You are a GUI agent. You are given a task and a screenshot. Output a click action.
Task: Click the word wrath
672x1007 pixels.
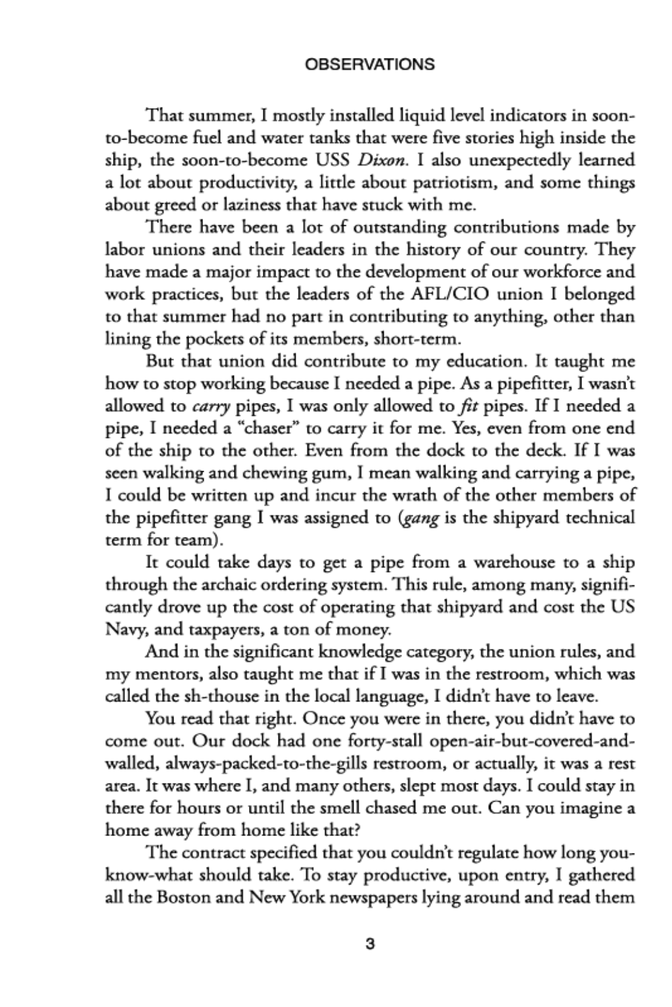coord(403,495)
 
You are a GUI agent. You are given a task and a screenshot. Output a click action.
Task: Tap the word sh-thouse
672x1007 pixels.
coord(201,697)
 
